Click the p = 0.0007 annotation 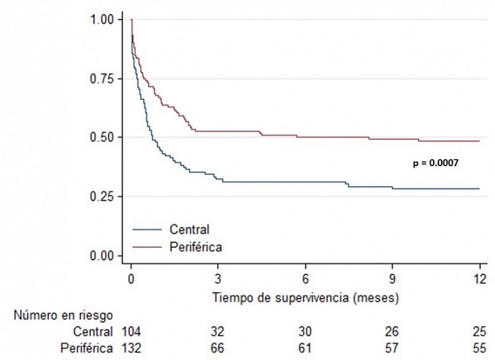click(x=436, y=162)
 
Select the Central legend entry click(x=189, y=230)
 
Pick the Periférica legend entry click(x=195, y=248)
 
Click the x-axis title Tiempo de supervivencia click(x=306, y=298)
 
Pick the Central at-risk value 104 click(x=131, y=331)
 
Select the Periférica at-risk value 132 click(x=131, y=347)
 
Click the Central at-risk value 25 click(x=480, y=331)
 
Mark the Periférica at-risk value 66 click(x=218, y=347)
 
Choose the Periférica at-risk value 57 click(x=393, y=347)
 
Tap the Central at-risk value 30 click(x=306, y=331)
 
